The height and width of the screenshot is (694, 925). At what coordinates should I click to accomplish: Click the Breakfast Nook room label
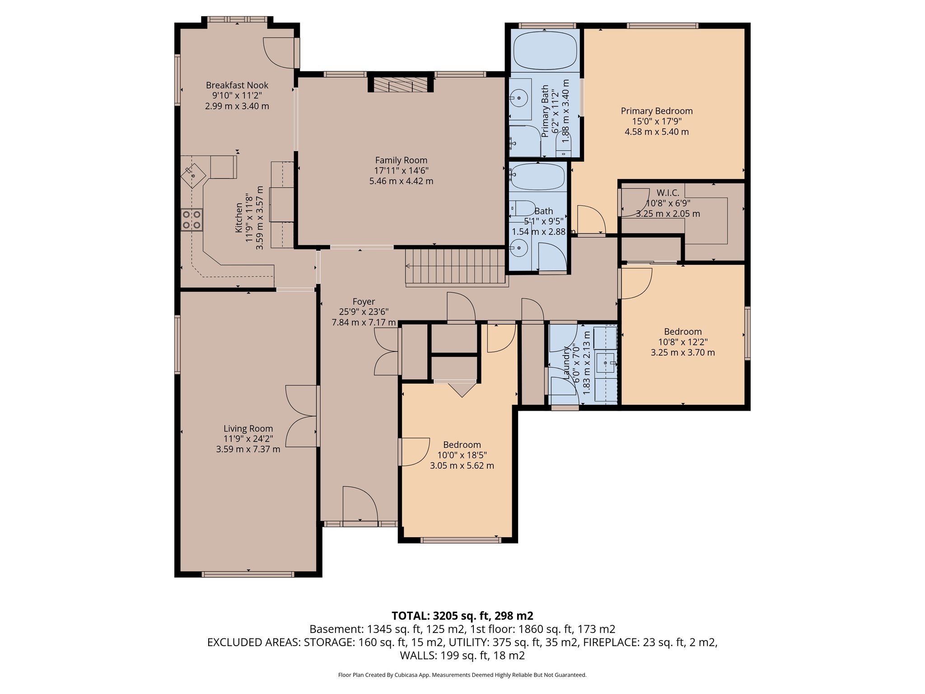[237, 85]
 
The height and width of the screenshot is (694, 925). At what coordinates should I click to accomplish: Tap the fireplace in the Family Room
[401, 84]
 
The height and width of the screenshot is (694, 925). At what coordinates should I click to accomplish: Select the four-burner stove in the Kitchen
[192, 220]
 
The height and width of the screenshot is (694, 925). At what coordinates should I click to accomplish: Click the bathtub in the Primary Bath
[545, 50]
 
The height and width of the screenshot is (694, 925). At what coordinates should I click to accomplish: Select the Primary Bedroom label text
[656, 111]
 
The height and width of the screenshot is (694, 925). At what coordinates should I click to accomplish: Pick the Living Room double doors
[301, 416]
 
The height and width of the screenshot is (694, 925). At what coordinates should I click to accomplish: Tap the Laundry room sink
[605, 362]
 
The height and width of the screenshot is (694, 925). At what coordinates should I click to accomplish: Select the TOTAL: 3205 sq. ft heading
[462, 615]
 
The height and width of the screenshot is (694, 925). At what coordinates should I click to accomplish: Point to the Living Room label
[248, 428]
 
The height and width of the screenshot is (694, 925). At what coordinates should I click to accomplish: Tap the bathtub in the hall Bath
[538, 177]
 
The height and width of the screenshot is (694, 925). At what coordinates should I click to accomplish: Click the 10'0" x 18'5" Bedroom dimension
[462, 455]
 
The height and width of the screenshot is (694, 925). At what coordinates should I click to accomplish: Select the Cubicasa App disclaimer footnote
[462, 675]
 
